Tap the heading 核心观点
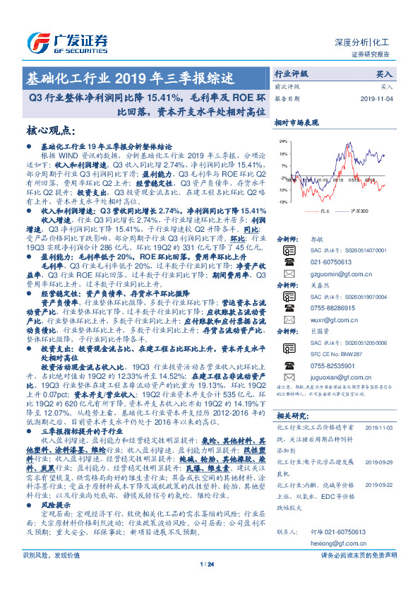(x=51, y=131)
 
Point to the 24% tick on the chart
(x=283, y=141)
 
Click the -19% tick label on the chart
(x=282, y=202)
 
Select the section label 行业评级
(x=292, y=73)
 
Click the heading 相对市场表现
(x=296, y=122)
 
